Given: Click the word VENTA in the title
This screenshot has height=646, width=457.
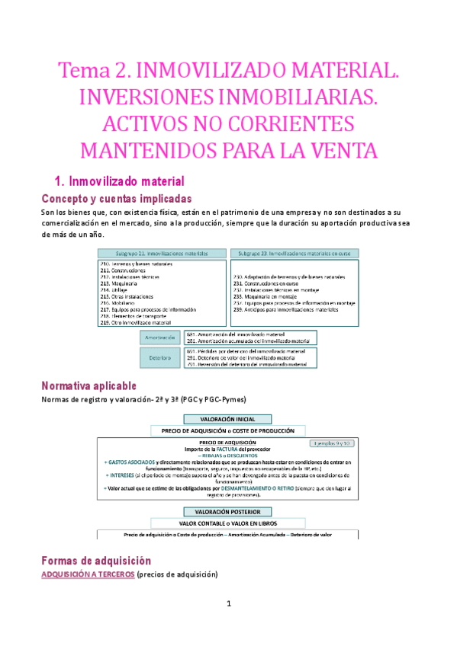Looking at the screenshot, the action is pyautogui.click(x=341, y=149).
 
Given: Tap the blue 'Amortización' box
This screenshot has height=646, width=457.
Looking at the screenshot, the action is pyautogui.click(x=162, y=337).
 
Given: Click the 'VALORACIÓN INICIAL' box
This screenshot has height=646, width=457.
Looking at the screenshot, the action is pyautogui.click(x=228, y=419).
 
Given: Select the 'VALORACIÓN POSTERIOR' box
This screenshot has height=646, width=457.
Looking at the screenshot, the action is pyautogui.click(x=228, y=511).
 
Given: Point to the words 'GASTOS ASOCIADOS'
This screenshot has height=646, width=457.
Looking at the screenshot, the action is pyautogui.click(x=133, y=462).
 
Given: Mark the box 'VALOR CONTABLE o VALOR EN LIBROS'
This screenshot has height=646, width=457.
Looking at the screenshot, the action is pyautogui.click(x=228, y=523).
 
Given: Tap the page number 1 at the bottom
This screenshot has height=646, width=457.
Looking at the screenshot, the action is pyautogui.click(x=228, y=626).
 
